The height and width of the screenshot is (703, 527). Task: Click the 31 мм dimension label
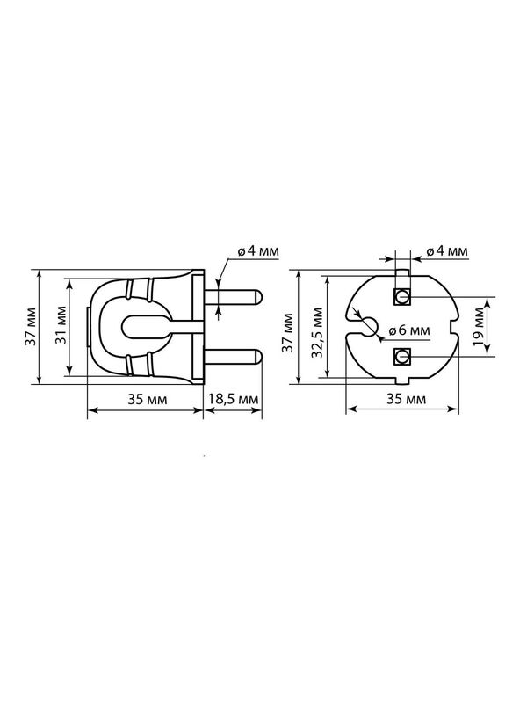tap(61, 325)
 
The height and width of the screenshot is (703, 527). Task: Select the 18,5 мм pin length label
tap(233, 399)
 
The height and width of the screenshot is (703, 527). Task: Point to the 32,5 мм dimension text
tap(317, 333)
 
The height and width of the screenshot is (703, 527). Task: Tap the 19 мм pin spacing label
tap(478, 327)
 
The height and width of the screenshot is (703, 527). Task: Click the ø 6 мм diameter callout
tap(408, 330)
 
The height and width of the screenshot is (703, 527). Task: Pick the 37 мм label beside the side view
tap(31, 326)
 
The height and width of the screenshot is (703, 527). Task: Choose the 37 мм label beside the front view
tap(288, 333)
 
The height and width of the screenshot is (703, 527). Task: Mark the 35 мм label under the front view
tap(407, 399)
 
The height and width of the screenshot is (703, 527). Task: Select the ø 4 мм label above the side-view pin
tap(258, 250)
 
